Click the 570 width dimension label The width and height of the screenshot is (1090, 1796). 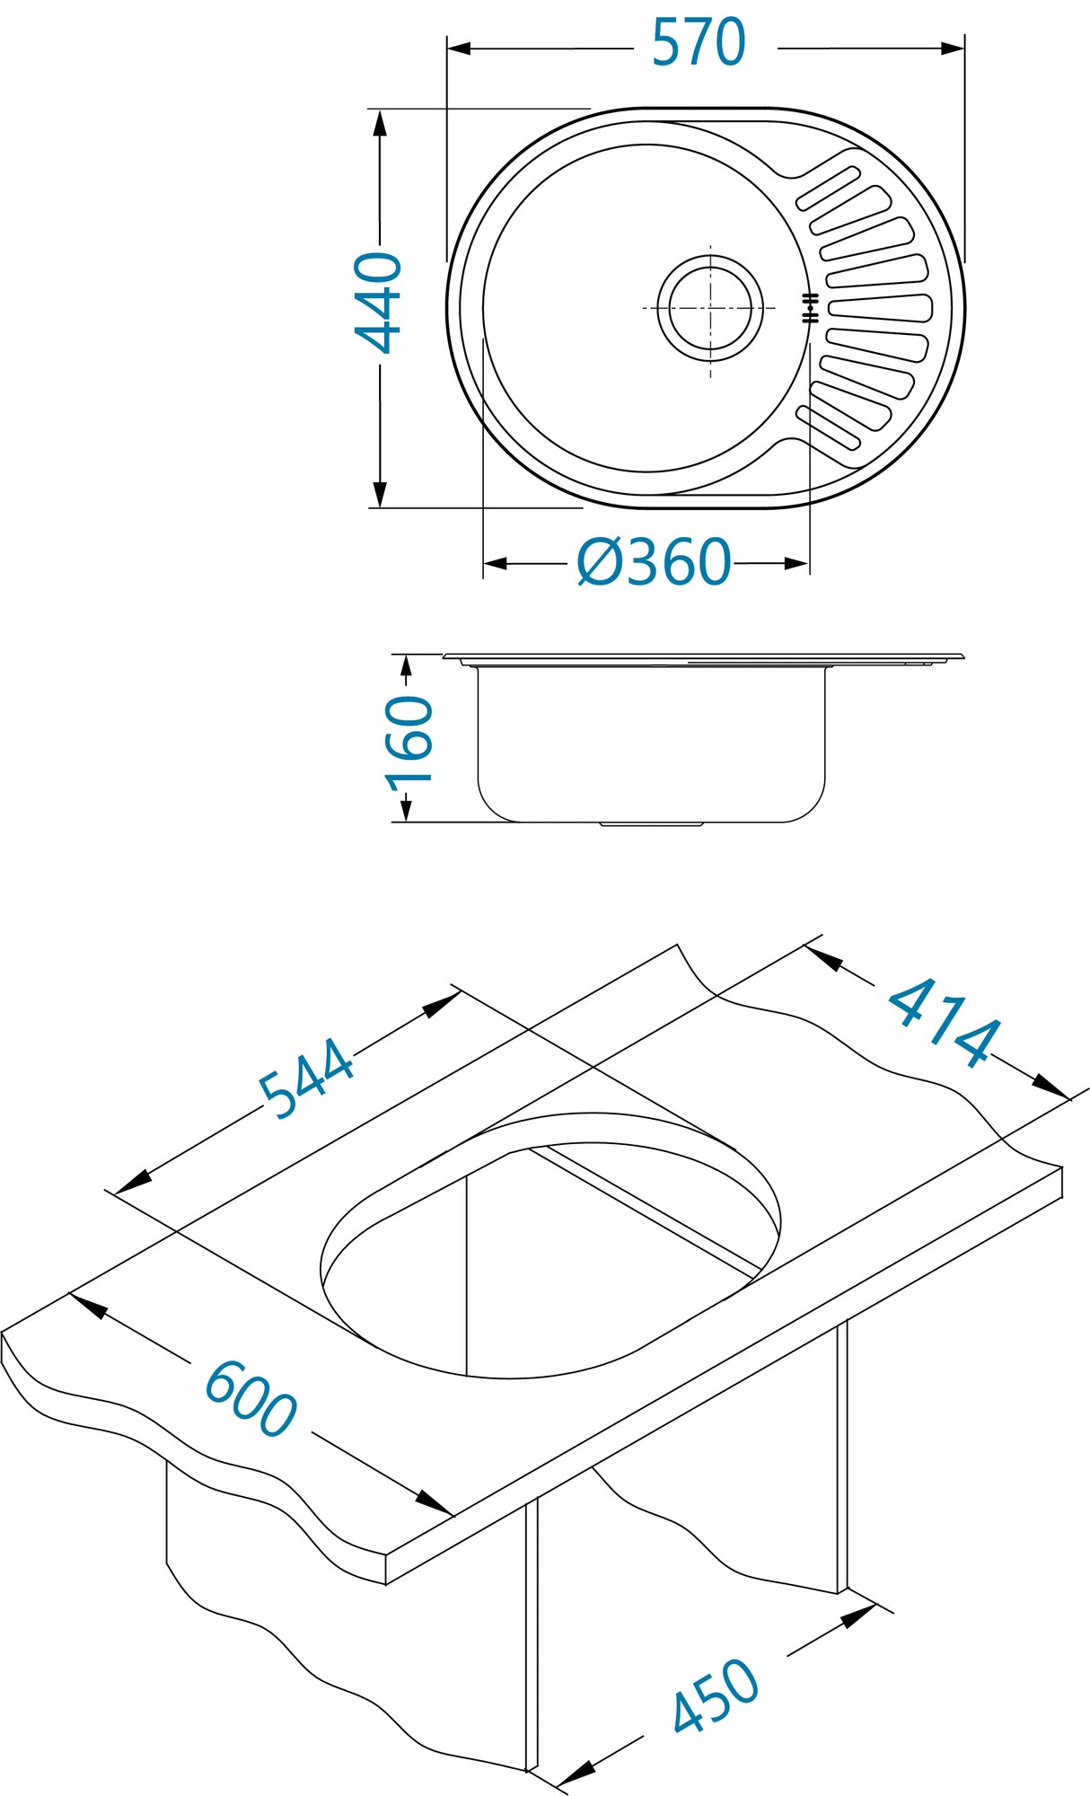699,43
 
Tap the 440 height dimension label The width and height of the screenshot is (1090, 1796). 378,303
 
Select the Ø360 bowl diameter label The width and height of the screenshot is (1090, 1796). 654,563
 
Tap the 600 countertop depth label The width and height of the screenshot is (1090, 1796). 251,1399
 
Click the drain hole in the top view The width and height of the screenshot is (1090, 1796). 710,308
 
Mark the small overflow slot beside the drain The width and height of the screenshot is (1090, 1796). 810,308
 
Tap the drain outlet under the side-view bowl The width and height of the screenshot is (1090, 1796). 651,823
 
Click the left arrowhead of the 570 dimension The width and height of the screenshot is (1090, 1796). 459,48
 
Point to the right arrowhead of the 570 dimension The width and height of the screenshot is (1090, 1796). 953,48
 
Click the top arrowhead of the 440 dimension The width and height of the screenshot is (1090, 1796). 380,122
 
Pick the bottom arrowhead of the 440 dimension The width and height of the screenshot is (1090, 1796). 380,494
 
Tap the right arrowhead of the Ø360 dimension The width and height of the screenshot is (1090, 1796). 796,564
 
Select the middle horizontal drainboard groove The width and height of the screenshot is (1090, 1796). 879,308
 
